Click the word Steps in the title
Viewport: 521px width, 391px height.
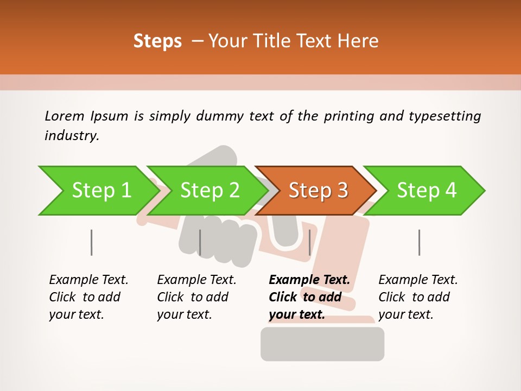click(x=157, y=41)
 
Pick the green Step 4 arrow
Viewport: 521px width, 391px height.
click(x=427, y=191)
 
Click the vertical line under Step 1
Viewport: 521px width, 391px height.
click(x=92, y=242)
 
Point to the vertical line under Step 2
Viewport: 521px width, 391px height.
click(x=200, y=242)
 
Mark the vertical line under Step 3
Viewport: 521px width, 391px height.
click(x=309, y=242)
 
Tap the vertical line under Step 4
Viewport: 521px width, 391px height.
click(x=419, y=242)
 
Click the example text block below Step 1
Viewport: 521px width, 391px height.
click(x=88, y=297)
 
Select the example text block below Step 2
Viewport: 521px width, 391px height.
click(x=196, y=297)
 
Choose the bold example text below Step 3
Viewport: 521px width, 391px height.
click(x=309, y=297)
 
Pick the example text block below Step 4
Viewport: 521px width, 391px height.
click(x=418, y=297)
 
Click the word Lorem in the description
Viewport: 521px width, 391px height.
click(x=64, y=116)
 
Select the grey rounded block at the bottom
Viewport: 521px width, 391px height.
click(x=322, y=344)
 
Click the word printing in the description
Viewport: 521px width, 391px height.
click(x=348, y=116)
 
